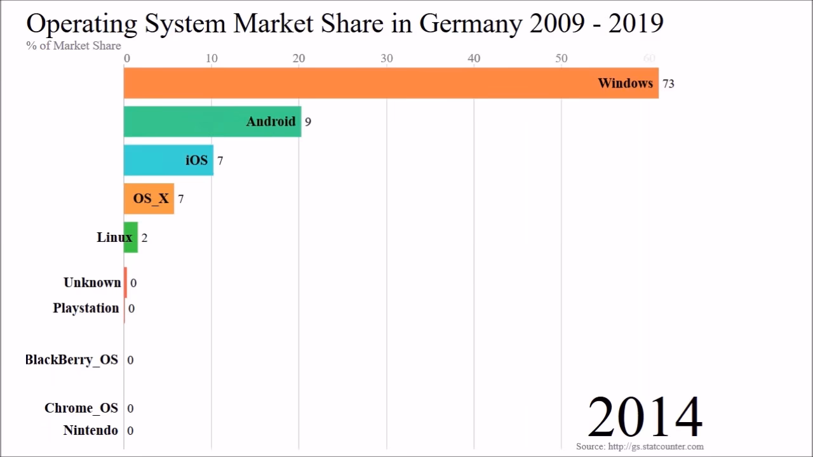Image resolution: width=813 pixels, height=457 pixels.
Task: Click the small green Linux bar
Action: point(131,237)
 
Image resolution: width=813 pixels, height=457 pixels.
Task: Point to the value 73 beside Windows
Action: point(668,84)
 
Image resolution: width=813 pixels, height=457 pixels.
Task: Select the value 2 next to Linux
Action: point(145,238)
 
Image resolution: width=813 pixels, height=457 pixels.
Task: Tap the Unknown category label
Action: point(92,282)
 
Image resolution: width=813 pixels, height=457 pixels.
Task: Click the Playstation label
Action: point(86,308)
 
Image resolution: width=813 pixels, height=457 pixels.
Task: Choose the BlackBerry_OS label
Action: point(71,360)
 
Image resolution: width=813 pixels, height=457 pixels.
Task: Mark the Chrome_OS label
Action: point(81,408)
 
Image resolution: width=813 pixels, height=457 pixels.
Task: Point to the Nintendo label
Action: point(90,430)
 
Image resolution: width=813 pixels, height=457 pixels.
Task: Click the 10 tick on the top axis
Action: point(212,58)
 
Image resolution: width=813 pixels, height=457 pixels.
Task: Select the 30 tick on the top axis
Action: point(386,58)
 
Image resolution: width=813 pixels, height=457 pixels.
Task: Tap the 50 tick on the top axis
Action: point(561,58)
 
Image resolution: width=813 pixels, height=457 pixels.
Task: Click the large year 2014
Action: point(645,417)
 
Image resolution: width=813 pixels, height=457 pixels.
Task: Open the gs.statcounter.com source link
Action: point(655,447)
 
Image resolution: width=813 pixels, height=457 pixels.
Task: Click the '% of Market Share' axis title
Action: point(74,46)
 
